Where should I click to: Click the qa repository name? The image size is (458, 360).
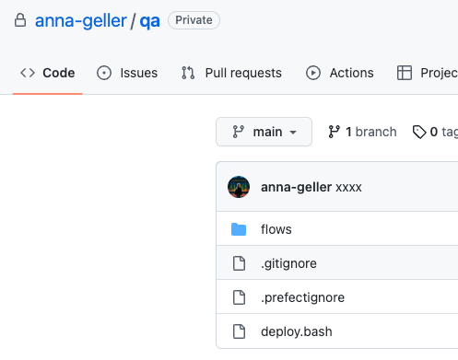tap(149, 20)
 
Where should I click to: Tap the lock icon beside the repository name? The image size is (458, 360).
tap(19, 20)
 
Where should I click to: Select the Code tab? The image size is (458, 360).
tap(47, 73)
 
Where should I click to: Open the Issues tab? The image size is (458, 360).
tap(127, 73)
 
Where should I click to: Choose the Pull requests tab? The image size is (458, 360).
tap(231, 73)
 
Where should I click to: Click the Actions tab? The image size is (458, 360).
tap(340, 73)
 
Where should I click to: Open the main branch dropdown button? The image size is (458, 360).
tap(264, 132)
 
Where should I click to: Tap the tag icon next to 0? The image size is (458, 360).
tap(419, 132)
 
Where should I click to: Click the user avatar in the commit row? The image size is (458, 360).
tap(239, 187)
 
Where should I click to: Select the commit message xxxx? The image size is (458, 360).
tap(348, 187)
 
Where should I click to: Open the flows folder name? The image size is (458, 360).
tap(276, 229)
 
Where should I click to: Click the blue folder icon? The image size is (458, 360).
tap(239, 229)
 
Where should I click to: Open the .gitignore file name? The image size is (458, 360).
tap(288, 263)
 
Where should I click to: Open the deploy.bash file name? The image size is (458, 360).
tap(296, 331)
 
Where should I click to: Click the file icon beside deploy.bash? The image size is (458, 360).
tap(239, 331)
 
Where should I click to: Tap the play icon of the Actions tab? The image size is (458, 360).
tap(313, 73)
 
